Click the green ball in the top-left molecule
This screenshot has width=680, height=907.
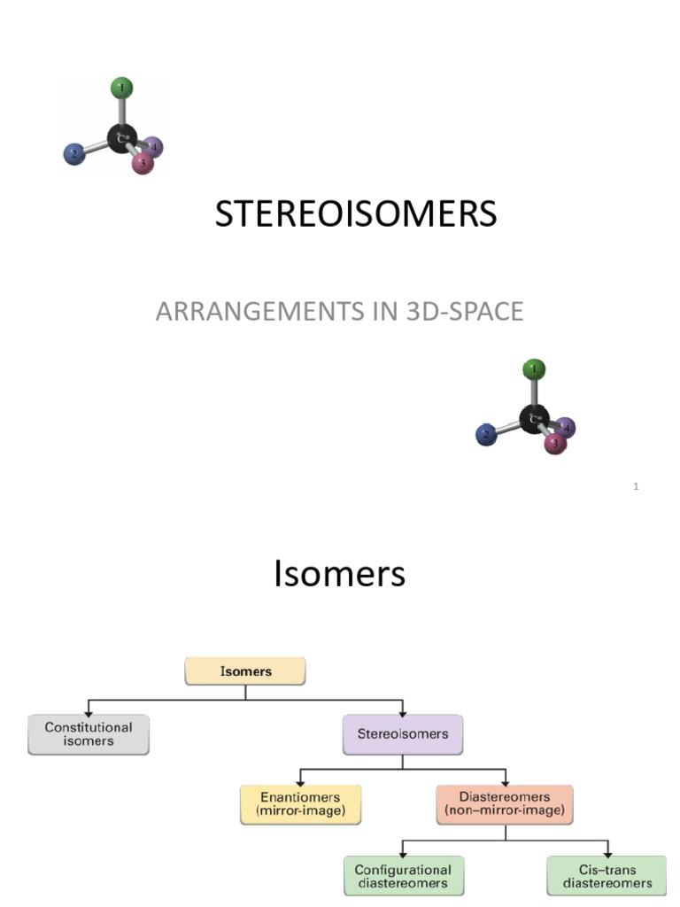[x=122, y=88]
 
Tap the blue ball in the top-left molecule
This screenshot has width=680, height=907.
[x=73, y=154]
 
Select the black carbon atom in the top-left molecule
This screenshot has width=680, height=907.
[x=122, y=137]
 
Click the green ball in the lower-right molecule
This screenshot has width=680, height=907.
[x=534, y=368]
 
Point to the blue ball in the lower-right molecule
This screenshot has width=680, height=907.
[x=485, y=434]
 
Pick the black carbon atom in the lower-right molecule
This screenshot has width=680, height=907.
[x=534, y=418]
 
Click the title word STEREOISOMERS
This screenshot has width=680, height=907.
[x=356, y=215]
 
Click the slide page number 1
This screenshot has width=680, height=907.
[x=636, y=486]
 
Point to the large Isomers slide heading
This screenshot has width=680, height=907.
[x=340, y=574]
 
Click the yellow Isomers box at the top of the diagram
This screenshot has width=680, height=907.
[x=245, y=671]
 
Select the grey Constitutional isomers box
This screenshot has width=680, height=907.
[x=89, y=734]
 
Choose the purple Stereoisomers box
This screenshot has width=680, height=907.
[x=403, y=734]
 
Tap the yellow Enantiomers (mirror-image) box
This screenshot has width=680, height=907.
[x=301, y=803]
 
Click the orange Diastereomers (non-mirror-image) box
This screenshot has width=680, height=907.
[x=505, y=803]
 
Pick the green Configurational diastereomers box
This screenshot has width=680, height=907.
[x=403, y=875]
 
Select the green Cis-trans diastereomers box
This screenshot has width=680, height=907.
[x=607, y=875]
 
